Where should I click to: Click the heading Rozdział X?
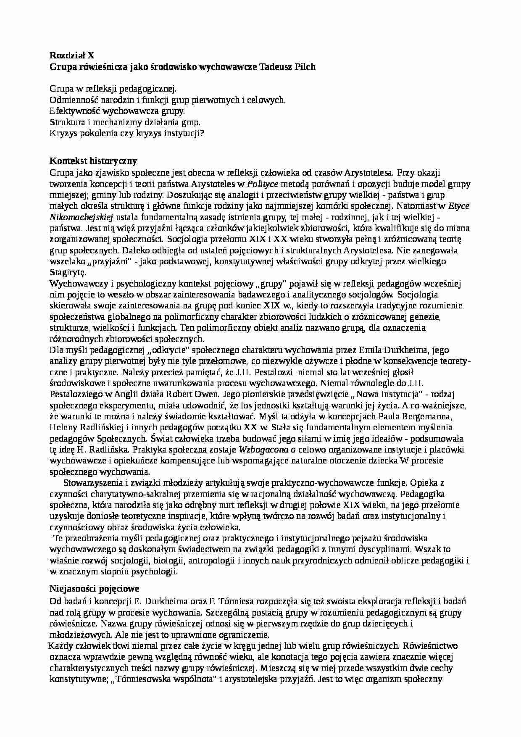click(72, 55)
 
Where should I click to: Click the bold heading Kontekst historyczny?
click(93, 161)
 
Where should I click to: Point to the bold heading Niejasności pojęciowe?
click(95, 588)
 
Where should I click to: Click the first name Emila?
click(370, 350)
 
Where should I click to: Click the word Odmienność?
click(73, 100)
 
